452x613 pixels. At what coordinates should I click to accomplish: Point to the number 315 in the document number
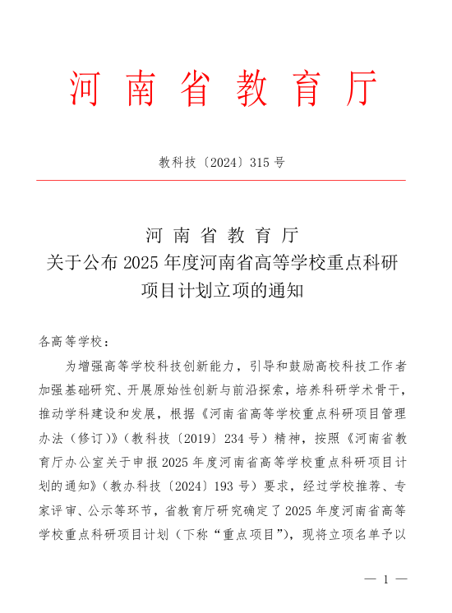pos(260,163)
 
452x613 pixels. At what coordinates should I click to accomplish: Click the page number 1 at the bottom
pos(385,579)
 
